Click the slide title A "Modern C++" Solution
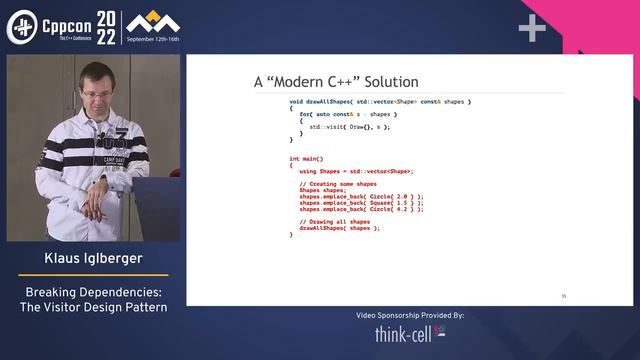click(x=336, y=82)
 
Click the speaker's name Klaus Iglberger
click(x=92, y=259)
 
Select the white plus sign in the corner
click(x=532, y=29)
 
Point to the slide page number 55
click(x=564, y=296)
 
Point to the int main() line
click(x=307, y=159)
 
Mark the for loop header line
click(x=334, y=115)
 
